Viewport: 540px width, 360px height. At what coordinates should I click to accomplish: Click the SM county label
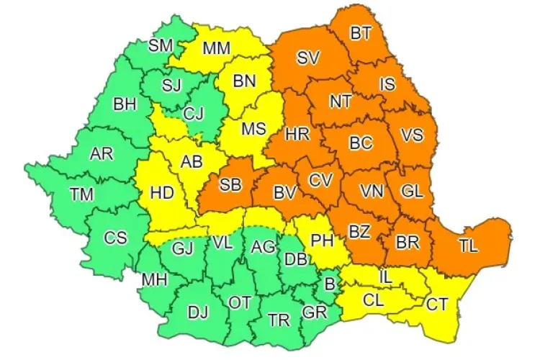click(161, 45)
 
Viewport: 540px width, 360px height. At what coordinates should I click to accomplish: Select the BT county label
click(361, 32)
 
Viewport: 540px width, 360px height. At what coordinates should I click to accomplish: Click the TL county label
click(469, 245)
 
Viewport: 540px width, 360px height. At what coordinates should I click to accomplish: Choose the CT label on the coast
click(436, 304)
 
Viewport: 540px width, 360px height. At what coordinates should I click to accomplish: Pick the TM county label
click(81, 193)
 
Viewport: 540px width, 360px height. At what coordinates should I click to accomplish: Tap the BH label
click(125, 104)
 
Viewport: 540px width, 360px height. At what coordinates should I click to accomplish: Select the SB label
click(230, 185)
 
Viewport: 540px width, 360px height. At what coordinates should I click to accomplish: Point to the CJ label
click(193, 113)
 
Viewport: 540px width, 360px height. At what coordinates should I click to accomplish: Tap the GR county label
click(314, 313)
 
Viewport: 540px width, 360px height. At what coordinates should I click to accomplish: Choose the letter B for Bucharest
click(330, 284)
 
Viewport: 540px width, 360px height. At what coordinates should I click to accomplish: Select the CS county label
click(116, 238)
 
